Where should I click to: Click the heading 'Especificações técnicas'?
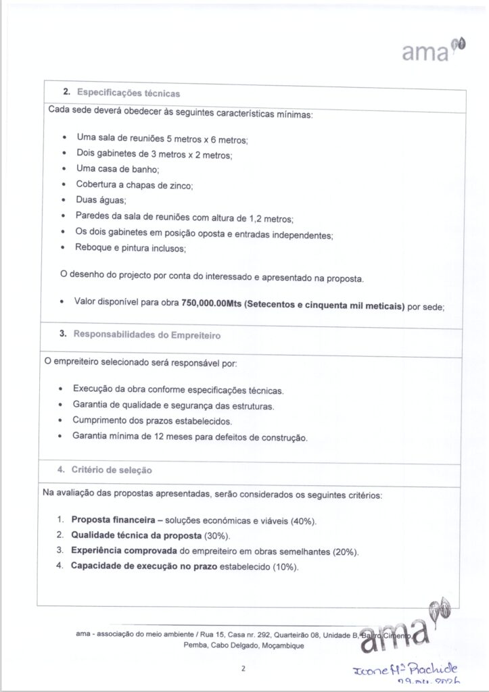(x=128, y=93)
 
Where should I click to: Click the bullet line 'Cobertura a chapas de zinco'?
(x=135, y=185)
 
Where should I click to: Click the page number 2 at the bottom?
(x=242, y=669)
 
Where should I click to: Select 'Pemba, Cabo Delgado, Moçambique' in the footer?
(x=243, y=646)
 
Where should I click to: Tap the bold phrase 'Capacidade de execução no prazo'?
(x=144, y=566)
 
